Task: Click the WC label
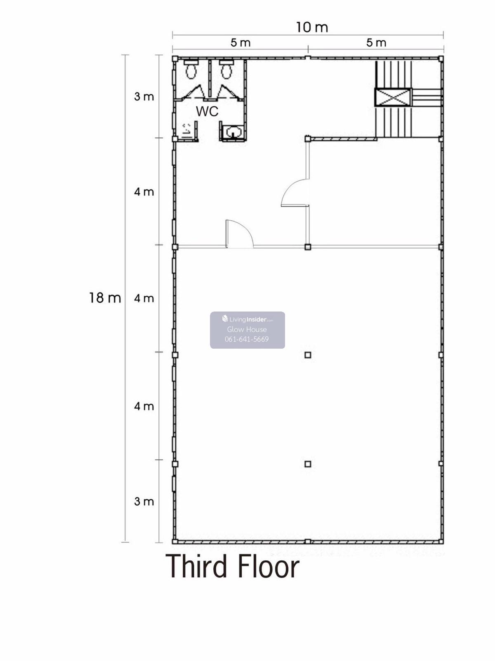coord(207,111)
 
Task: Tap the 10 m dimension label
coord(312,27)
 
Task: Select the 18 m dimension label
coord(105,298)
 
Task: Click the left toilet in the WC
coord(191,69)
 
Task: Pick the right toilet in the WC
coord(226,69)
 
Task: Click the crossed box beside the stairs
coord(393,97)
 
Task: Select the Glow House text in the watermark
coord(247,329)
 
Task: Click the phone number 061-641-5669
coord(247,339)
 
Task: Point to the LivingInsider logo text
coord(248,319)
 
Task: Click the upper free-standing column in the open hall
coord(308,355)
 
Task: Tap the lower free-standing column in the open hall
coord(308,464)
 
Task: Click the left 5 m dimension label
coord(240,43)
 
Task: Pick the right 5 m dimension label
coord(376,43)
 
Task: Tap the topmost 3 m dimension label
coord(144,97)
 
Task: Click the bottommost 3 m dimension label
coord(144,501)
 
